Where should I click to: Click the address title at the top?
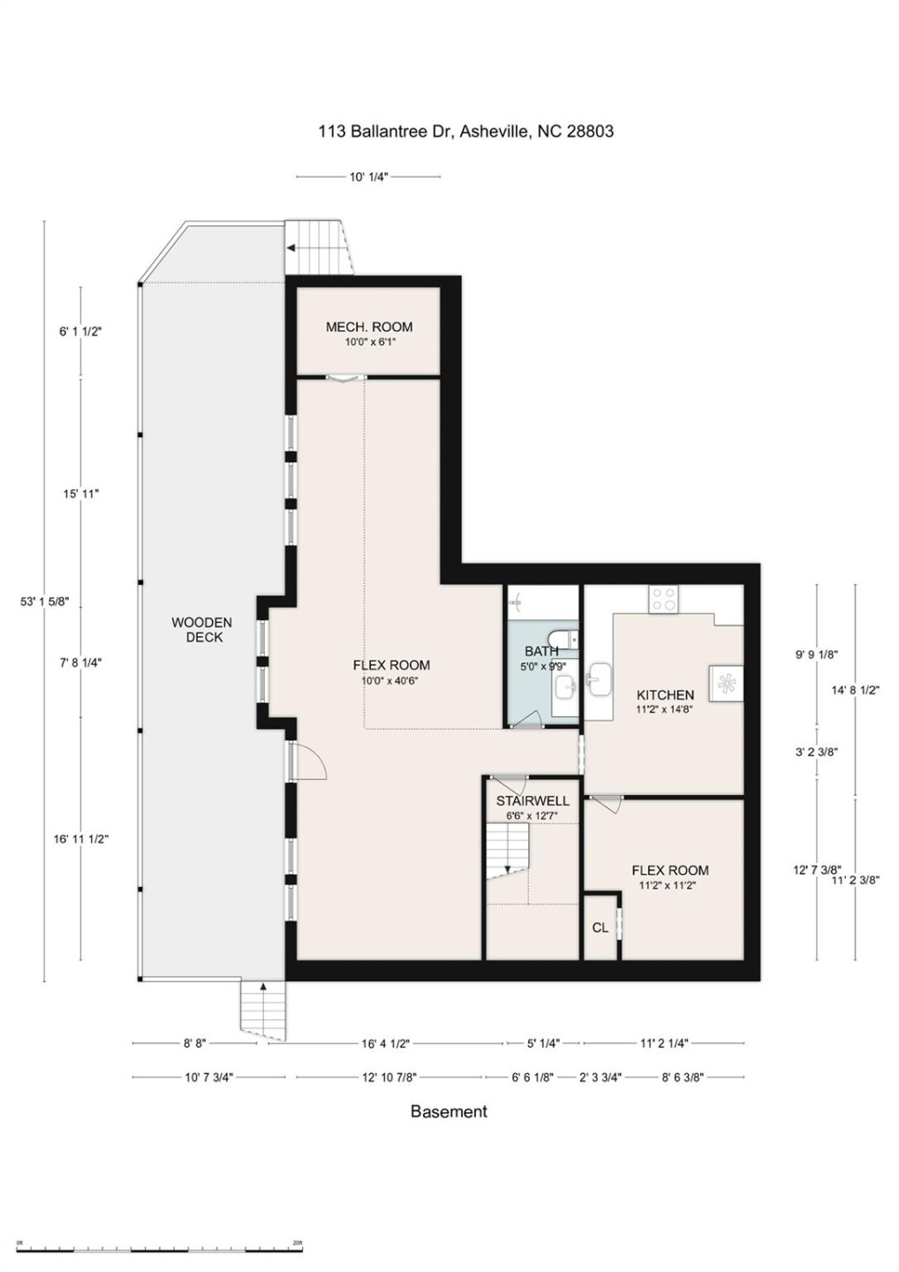(x=465, y=132)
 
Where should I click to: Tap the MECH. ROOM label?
(x=369, y=327)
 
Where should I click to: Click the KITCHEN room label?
(x=665, y=695)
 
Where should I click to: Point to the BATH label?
(x=540, y=651)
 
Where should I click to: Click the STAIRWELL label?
(x=533, y=801)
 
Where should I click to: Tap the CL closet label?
(x=600, y=927)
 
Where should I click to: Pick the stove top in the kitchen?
(x=664, y=599)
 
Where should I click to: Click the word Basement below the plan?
(x=449, y=1111)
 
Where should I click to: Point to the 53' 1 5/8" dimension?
(x=44, y=602)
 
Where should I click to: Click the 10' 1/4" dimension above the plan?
(x=368, y=177)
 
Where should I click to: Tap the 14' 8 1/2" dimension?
(x=855, y=691)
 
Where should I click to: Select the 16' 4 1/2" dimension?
(x=385, y=1043)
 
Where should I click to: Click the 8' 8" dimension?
(x=194, y=1043)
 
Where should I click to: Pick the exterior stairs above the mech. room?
(x=320, y=246)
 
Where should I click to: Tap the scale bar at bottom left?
(x=159, y=1249)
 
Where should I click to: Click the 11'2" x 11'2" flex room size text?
(x=668, y=884)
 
